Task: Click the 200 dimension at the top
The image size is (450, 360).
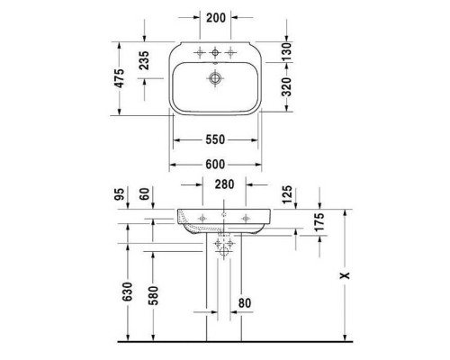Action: point(214,17)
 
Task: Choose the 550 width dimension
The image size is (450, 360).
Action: point(214,139)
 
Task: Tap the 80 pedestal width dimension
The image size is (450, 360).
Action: point(245,303)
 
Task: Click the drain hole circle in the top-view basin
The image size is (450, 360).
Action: point(214,79)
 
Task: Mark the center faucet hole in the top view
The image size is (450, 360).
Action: point(214,49)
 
